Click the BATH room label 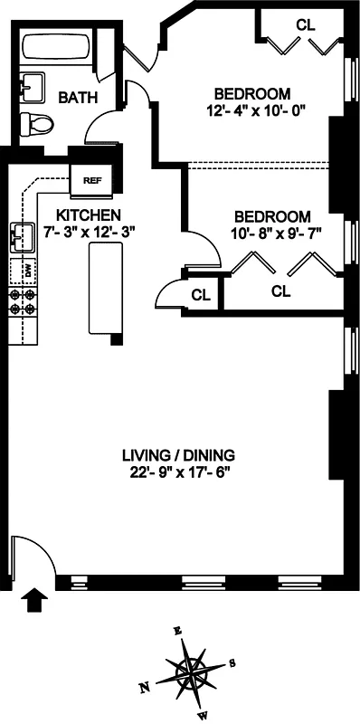[78, 97]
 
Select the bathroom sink [35, 86]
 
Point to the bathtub [60, 47]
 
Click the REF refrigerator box [91, 179]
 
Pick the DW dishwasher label [28, 271]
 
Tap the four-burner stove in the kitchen [23, 301]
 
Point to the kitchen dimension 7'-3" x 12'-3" [89, 232]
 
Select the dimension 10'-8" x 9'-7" [272, 233]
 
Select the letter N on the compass [144, 689]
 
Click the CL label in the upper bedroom [305, 25]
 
